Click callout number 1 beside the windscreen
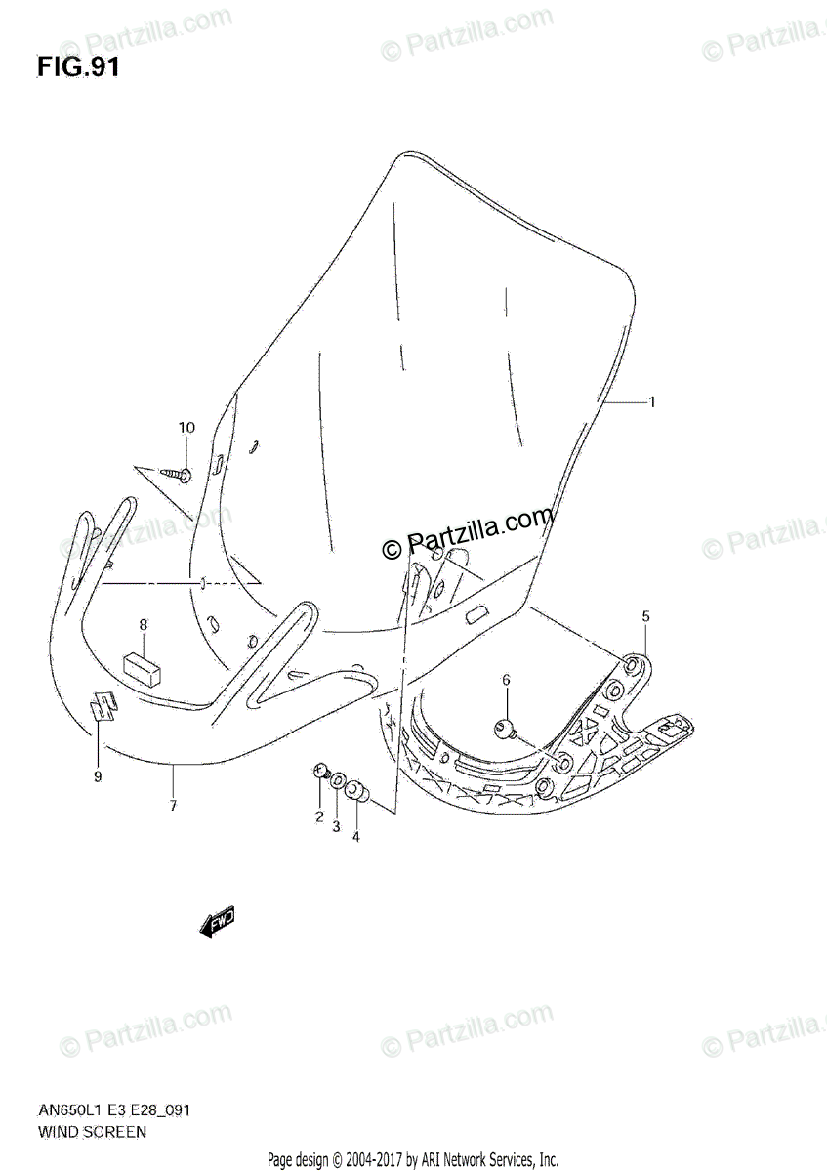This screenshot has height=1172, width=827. (x=652, y=401)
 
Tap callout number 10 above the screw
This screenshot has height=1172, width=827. (x=186, y=427)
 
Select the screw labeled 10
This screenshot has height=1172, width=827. (x=178, y=476)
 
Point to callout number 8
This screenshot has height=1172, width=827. (x=144, y=624)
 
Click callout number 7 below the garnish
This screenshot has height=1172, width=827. (x=172, y=806)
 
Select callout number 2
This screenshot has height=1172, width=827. (x=318, y=816)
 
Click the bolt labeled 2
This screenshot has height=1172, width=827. (x=320, y=773)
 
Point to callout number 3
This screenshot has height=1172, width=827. (x=336, y=826)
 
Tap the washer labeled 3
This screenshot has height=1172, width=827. (x=337, y=781)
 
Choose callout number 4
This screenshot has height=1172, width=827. (x=355, y=836)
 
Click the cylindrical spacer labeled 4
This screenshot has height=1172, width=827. (x=356, y=789)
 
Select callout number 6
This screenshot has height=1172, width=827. (x=506, y=680)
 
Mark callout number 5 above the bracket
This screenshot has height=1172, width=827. (x=645, y=616)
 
